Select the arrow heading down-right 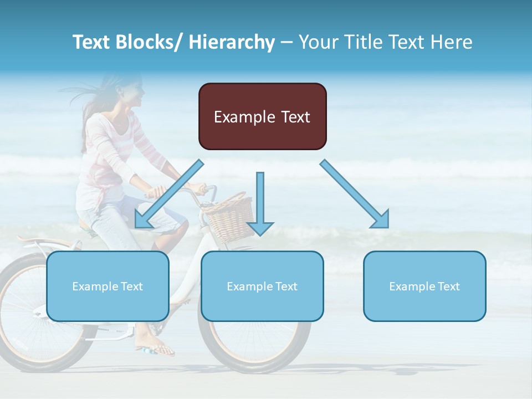pyautogui.click(x=355, y=193)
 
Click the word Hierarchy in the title pyautogui.click(x=232, y=42)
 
